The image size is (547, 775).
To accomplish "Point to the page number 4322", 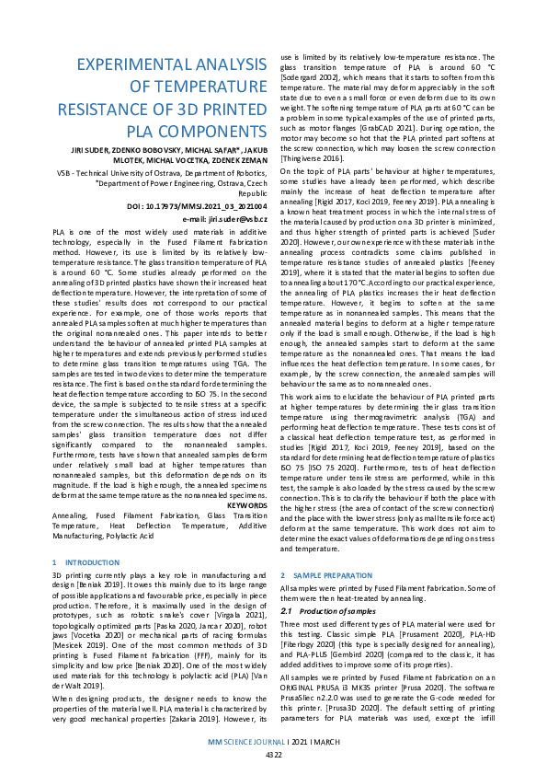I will point(274,755).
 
